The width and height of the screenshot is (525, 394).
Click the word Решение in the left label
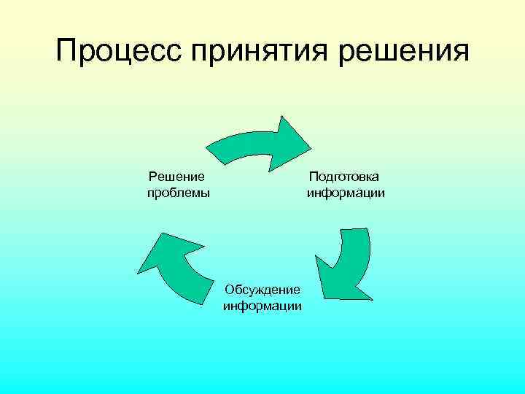176,176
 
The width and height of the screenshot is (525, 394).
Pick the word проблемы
178,193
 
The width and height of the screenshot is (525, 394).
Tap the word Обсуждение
262,290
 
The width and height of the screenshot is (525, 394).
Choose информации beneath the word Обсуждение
262,306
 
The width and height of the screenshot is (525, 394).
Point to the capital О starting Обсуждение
230,290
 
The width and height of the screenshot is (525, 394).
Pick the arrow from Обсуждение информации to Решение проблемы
175,270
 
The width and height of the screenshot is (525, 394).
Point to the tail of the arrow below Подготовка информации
354,233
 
